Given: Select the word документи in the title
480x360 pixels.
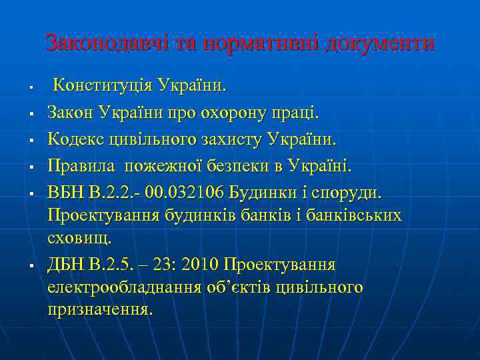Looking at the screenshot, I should point(380,43).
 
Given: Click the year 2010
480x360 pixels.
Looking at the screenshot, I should point(199,265).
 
